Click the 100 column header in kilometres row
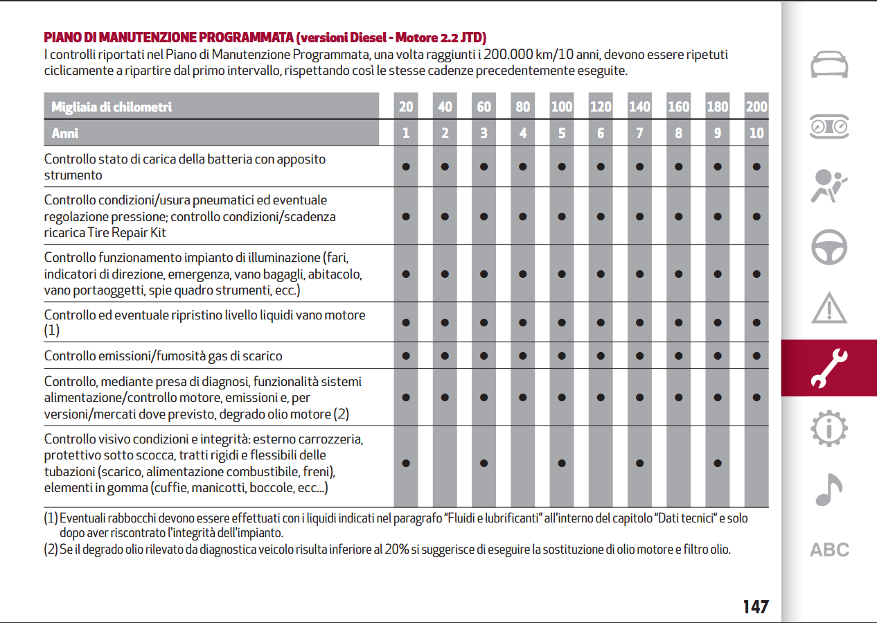(x=561, y=106)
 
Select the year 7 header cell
(x=639, y=133)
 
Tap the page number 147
(x=756, y=606)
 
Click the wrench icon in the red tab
(x=829, y=368)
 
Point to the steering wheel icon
(x=829, y=247)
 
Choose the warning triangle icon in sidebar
(x=829, y=308)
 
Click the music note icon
(x=829, y=489)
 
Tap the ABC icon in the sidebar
(x=829, y=550)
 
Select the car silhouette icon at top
(x=829, y=64)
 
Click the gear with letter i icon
(x=829, y=428)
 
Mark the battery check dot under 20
(x=406, y=167)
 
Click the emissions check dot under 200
(x=756, y=356)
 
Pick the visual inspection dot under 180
(x=717, y=463)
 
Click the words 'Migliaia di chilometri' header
(x=112, y=107)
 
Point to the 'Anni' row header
(x=65, y=133)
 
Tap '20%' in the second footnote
(x=397, y=550)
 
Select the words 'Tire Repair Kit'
(x=127, y=233)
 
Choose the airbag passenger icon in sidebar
(x=829, y=186)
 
